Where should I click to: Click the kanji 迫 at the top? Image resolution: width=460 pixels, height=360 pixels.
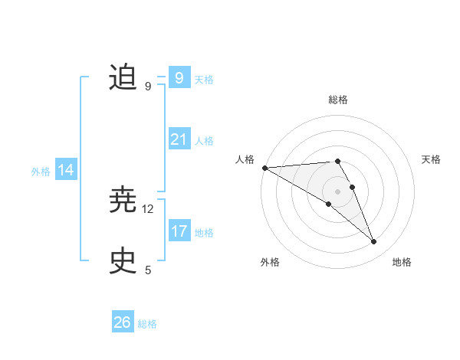123,78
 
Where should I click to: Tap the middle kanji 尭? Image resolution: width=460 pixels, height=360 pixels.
123,201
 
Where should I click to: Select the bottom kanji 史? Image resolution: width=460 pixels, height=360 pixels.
123,261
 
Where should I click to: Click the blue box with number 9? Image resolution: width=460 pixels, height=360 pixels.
179,78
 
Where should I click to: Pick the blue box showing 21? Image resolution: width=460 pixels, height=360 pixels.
179,139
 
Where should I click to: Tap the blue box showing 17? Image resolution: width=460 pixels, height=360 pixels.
179,231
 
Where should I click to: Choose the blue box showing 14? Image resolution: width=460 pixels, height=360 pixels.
66,170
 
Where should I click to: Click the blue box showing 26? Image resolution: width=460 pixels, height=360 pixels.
123,322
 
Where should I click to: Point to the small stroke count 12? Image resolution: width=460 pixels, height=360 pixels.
148,208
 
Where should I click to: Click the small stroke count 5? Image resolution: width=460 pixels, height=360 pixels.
148,270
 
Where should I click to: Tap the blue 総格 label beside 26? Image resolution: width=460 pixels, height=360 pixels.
147,324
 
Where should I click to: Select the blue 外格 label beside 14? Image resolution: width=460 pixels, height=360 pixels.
41,172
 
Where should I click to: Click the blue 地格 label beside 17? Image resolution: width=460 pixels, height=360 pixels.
204,233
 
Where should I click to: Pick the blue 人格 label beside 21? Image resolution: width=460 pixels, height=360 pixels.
204,141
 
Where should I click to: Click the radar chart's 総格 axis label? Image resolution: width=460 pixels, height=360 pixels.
338,100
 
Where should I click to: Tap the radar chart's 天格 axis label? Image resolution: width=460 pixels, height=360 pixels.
431,159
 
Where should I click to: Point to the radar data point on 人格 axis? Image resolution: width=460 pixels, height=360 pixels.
264,167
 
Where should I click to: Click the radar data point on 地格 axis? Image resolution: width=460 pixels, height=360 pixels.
374,242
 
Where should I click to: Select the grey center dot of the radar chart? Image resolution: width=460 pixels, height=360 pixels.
337,191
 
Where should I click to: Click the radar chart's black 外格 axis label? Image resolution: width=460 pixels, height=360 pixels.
270,262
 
